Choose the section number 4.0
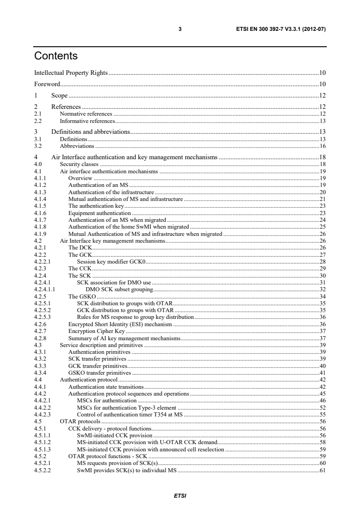pos(39,165)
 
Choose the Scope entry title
pos(59,95)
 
